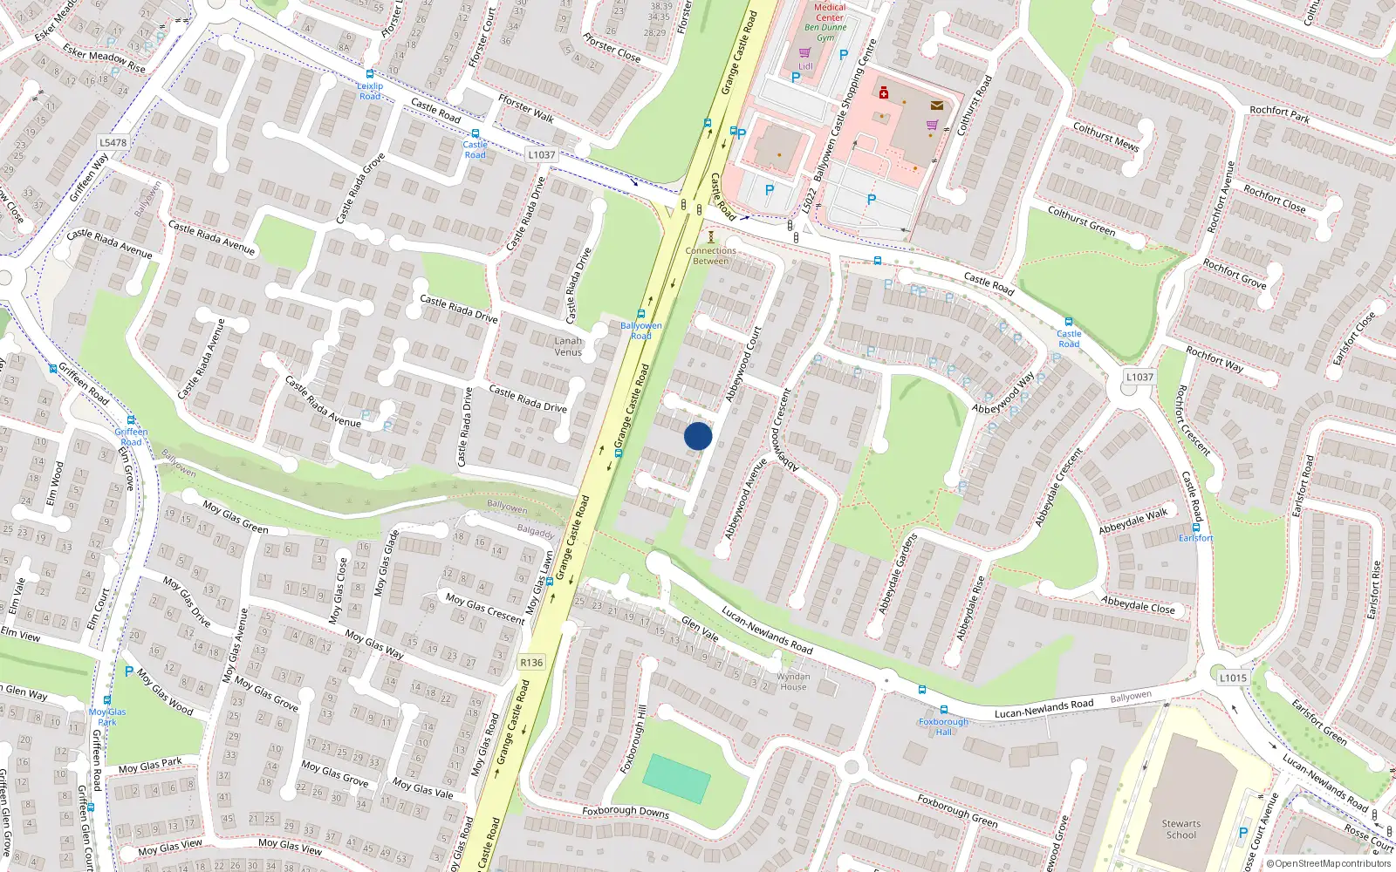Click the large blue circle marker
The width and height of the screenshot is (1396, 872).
pyautogui.click(x=698, y=436)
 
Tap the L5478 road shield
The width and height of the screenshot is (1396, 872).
pyautogui.click(x=113, y=142)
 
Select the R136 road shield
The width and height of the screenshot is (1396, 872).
pyautogui.click(x=531, y=663)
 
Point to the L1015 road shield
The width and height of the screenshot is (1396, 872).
pyautogui.click(x=1233, y=678)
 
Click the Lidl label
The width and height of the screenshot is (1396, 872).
pyautogui.click(x=805, y=66)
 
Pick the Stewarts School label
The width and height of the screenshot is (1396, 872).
pyautogui.click(x=1181, y=829)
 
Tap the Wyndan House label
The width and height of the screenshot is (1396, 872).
pyautogui.click(x=793, y=681)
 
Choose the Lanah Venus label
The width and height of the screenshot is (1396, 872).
pyautogui.click(x=568, y=346)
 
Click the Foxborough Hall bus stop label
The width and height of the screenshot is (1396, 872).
pyautogui.click(x=943, y=726)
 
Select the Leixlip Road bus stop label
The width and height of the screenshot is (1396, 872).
pyautogui.click(x=370, y=91)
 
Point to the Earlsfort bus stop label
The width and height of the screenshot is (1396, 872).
pyautogui.click(x=1195, y=538)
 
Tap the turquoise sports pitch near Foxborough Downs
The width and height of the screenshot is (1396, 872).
pyautogui.click(x=676, y=778)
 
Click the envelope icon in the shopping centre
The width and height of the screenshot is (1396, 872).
pyautogui.click(x=936, y=106)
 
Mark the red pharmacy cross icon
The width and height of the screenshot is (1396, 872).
pyautogui.click(x=883, y=92)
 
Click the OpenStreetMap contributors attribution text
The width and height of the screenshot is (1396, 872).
pyautogui.click(x=1328, y=863)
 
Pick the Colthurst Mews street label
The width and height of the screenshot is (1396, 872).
pyautogui.click(x=1105, y=137)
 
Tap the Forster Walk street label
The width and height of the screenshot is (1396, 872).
pyautogui.click(x=526, y=109)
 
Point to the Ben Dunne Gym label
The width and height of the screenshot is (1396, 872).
pyautogui.click(x=825, y=32)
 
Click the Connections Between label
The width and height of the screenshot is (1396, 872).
pyautogui.click(x=710, y=255)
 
